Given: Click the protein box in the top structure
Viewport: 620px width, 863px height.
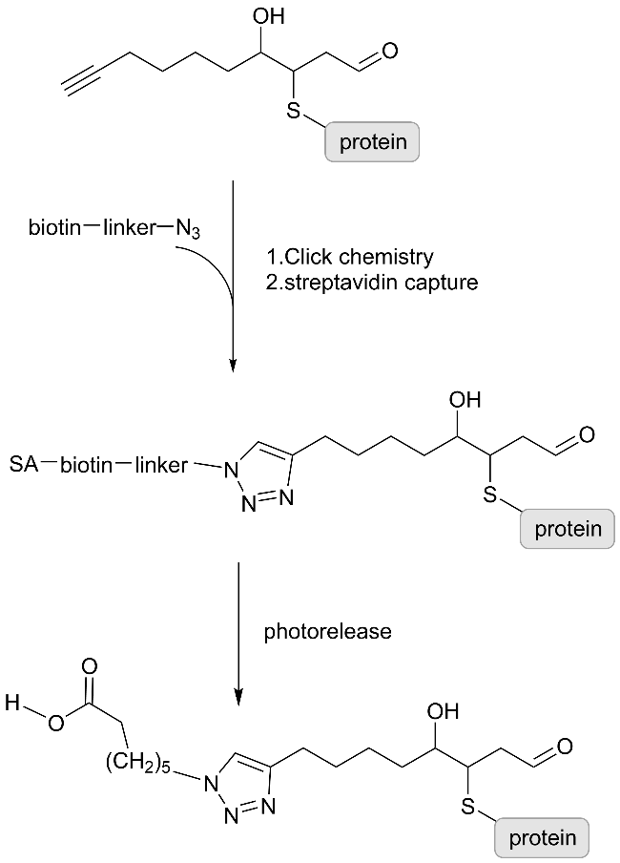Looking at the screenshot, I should point(373,142).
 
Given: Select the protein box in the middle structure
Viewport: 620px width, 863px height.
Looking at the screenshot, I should point(568,529).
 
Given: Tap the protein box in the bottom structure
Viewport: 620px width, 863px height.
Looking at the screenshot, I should point(543,838).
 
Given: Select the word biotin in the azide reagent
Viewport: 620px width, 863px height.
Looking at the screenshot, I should point(53,228).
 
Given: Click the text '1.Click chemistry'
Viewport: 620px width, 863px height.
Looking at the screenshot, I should point(350,257).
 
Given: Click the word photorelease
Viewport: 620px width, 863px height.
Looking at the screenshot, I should point(328,631).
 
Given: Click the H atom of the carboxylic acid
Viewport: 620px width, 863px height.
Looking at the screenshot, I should point(12,705).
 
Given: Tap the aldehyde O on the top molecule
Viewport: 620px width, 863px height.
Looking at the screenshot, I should point(390,51).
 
